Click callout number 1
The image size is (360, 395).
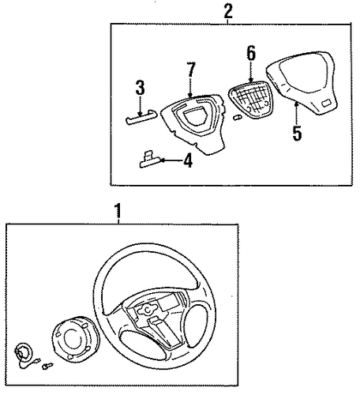[118, 210]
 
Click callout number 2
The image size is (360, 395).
[228, 11]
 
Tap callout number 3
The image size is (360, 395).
[140, 88]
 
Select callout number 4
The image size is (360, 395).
[188, 160]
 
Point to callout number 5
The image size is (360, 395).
[297, 134]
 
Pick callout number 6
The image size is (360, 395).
[251, 53]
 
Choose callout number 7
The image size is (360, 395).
[191, 70]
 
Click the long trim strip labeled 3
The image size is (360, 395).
[141, 118]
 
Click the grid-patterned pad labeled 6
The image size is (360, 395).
[251, 100]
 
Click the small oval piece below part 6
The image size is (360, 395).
[237, 118]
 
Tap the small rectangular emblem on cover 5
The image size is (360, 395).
[326, 103]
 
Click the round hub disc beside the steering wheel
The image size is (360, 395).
[76, 338]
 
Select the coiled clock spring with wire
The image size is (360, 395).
[25, 355]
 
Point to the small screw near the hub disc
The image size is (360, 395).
[47, 366]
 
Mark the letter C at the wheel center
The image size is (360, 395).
[148, 310]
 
